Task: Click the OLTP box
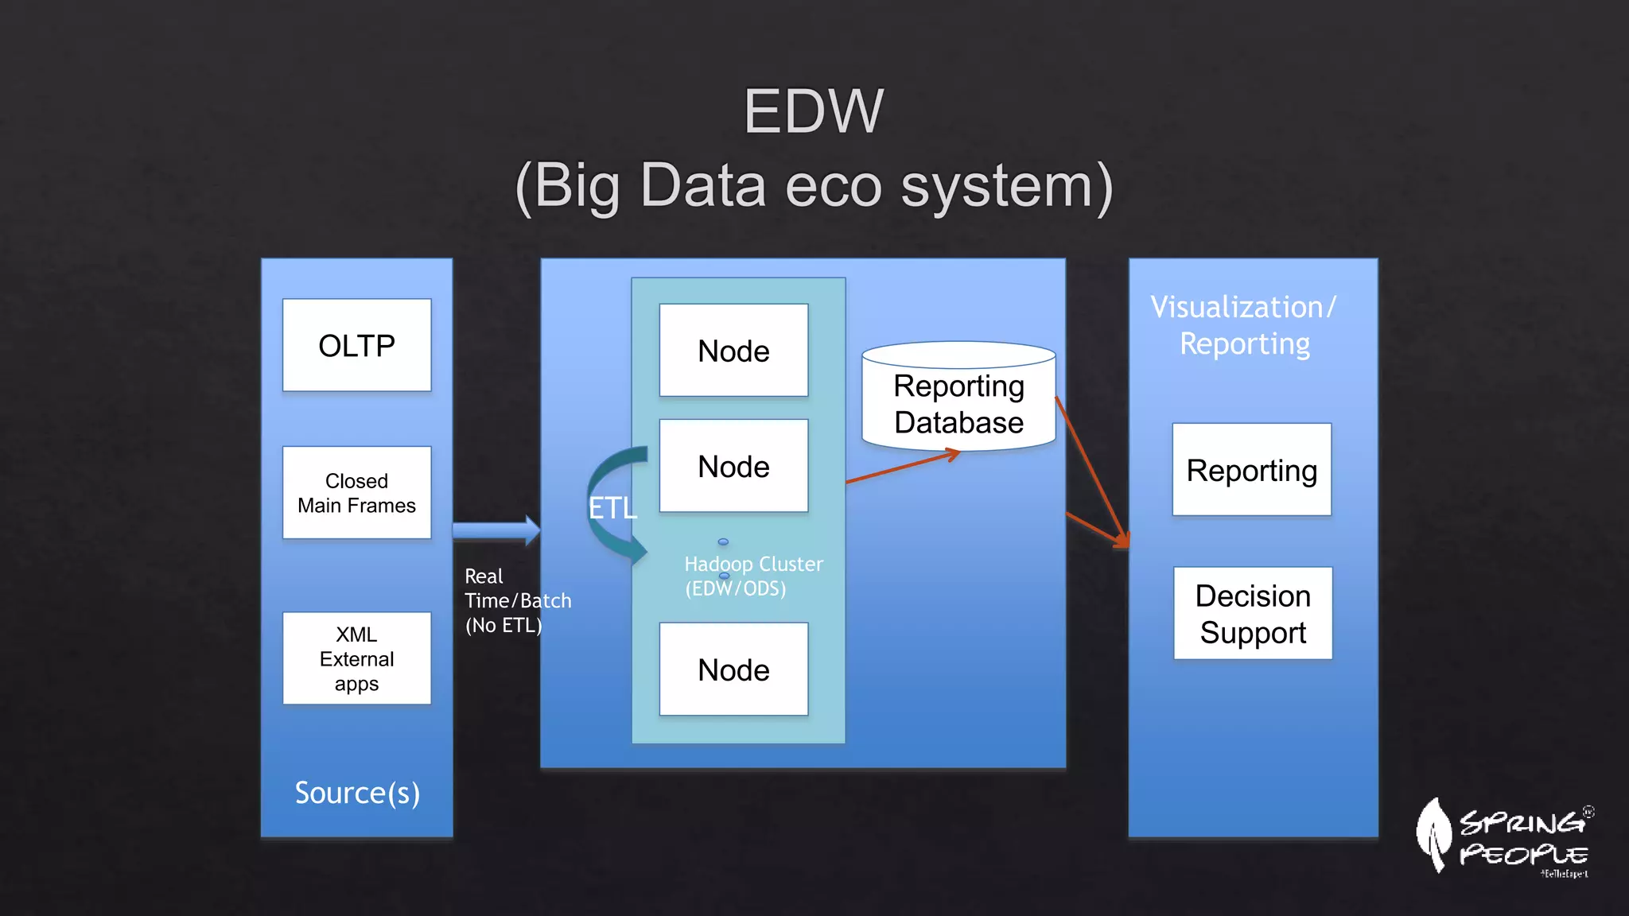pos(356,345)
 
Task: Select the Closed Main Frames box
pos(356,493)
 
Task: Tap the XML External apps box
pos(356,658)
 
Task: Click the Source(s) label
pos(357,793)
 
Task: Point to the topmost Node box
pos(733,351)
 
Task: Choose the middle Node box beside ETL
pos(733,466)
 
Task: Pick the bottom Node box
pos(733,670)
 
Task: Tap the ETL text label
pos(612,508)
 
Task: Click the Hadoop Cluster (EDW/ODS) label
pos(752,576)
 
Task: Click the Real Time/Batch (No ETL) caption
pos(517,600)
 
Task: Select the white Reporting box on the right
pos(1251,470)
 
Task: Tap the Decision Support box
pos(1253,613)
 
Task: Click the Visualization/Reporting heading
pos(1244,325)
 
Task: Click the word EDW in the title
pos(813,111)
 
